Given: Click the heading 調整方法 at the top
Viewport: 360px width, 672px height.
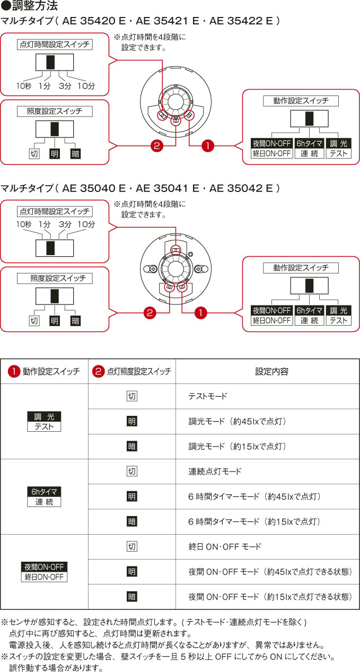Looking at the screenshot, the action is [35, 5].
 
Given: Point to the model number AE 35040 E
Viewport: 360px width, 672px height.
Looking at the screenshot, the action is [94, 188].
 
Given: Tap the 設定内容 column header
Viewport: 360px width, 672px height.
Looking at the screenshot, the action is [272, 371].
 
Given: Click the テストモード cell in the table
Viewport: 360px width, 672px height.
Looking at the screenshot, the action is [208, 396].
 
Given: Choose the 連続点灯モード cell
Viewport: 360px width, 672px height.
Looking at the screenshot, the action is [215, 472].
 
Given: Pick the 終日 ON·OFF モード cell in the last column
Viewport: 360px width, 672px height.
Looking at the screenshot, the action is [225, 547].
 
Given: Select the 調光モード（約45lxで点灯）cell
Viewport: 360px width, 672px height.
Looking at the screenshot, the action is [238, 421].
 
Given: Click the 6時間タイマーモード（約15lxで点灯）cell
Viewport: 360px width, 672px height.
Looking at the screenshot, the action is [254, 521].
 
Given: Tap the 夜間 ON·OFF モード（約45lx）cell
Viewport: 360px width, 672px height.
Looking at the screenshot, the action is [270, 572].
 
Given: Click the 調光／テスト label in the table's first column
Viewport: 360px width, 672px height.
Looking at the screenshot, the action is [44, 422].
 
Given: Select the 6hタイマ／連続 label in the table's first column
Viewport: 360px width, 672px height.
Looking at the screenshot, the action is [44, 496].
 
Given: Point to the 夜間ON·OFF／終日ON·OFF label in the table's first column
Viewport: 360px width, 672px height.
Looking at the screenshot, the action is [44, 572].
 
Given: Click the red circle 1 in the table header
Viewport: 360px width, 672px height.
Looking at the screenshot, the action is [14, 371].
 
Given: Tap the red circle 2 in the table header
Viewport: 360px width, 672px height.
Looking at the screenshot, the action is [98, 371].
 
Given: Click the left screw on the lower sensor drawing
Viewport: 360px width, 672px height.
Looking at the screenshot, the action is [153, 269].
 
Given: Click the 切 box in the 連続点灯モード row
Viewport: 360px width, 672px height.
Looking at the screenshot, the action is [131, 472].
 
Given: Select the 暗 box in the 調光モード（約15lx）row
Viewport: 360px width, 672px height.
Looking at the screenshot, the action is [131, 447].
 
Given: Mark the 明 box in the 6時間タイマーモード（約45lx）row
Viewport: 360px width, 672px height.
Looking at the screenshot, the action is [131, 496].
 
